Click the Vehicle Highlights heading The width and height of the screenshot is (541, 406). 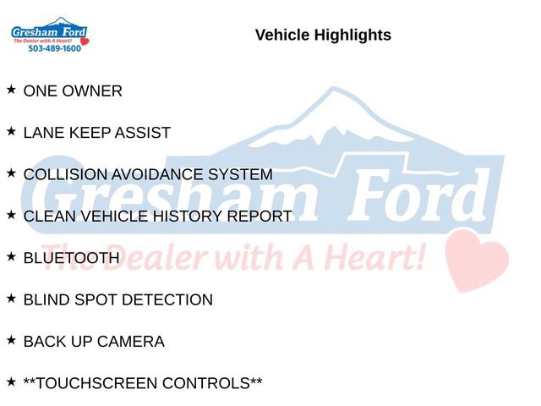point(323,35)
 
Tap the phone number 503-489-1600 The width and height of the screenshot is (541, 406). point(54,49)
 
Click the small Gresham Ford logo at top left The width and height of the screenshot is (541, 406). point(49,34)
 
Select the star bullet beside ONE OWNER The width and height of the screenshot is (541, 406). point(11,89)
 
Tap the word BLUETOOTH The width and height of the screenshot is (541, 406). point(71,258)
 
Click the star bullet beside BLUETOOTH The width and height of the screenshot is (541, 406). point(11,255)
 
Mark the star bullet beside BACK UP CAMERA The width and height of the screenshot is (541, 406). point(11,339)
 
